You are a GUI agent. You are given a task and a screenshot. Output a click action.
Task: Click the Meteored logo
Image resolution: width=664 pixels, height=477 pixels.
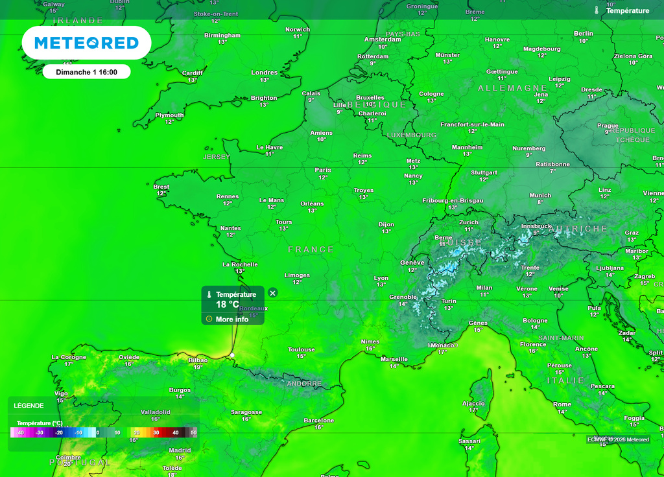point(86,43)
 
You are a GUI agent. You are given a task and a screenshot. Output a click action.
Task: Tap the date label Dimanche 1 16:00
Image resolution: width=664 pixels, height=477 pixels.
point(86,72)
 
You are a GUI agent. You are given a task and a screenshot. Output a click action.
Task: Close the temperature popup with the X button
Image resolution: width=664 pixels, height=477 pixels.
point(273,293)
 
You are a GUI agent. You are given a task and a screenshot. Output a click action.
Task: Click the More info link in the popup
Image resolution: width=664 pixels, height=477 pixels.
point(231,319)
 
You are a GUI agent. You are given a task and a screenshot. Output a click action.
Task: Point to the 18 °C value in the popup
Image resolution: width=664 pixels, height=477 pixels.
point(228,304)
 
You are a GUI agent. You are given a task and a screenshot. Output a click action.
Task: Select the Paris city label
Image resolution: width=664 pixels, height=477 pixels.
point(323,170)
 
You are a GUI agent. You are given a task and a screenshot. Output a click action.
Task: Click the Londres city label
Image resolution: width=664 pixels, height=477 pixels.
point(264,73)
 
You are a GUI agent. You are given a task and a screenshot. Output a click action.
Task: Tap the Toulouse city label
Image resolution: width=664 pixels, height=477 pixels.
point(302,349)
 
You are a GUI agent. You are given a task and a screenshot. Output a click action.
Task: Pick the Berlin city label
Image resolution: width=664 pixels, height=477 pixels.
point(584,33)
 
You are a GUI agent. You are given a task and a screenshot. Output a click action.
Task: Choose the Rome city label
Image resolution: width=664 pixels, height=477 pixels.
point(562,404)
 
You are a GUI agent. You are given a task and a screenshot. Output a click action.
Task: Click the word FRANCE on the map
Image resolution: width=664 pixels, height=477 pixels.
point(311,250)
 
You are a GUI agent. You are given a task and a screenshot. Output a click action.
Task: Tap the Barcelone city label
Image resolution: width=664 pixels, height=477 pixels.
point(318,421)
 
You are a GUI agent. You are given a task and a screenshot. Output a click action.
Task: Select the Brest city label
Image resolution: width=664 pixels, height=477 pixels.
point(161,187)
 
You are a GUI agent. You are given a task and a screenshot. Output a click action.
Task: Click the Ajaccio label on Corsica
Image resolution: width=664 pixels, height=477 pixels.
point(473,403)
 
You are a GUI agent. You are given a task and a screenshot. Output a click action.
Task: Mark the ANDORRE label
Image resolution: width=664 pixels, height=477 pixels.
point(304,384)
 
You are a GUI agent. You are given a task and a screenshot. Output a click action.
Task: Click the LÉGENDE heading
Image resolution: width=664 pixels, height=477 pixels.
point(29,406)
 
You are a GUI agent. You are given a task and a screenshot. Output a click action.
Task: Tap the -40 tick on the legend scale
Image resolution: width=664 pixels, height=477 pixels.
point(20,432)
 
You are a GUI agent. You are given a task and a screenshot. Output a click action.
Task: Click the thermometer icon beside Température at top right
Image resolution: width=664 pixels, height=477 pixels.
point(597,10)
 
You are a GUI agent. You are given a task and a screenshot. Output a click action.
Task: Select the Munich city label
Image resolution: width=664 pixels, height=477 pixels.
point(540,195)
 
